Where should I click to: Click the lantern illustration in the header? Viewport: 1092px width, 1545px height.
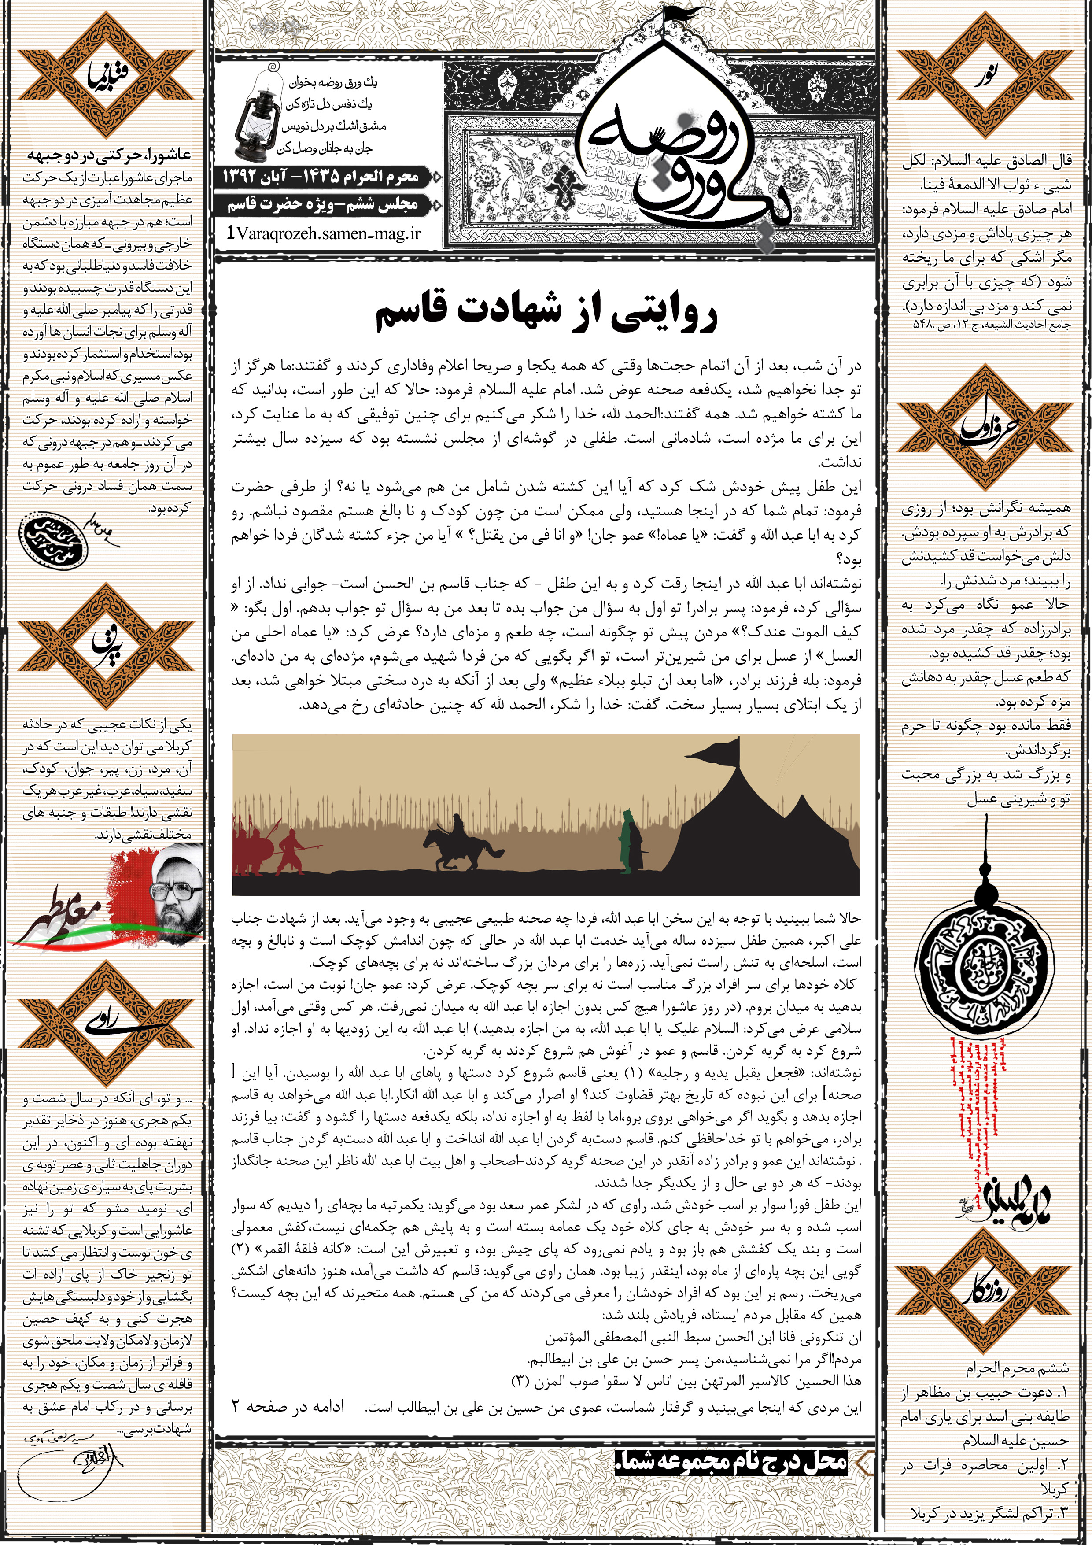tap(258, 115)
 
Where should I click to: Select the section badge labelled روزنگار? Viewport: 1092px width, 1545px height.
tap(985, 1290)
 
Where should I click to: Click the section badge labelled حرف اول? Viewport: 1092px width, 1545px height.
tap(985, 426)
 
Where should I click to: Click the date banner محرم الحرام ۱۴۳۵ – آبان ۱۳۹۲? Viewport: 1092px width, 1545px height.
tap(321, 177)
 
